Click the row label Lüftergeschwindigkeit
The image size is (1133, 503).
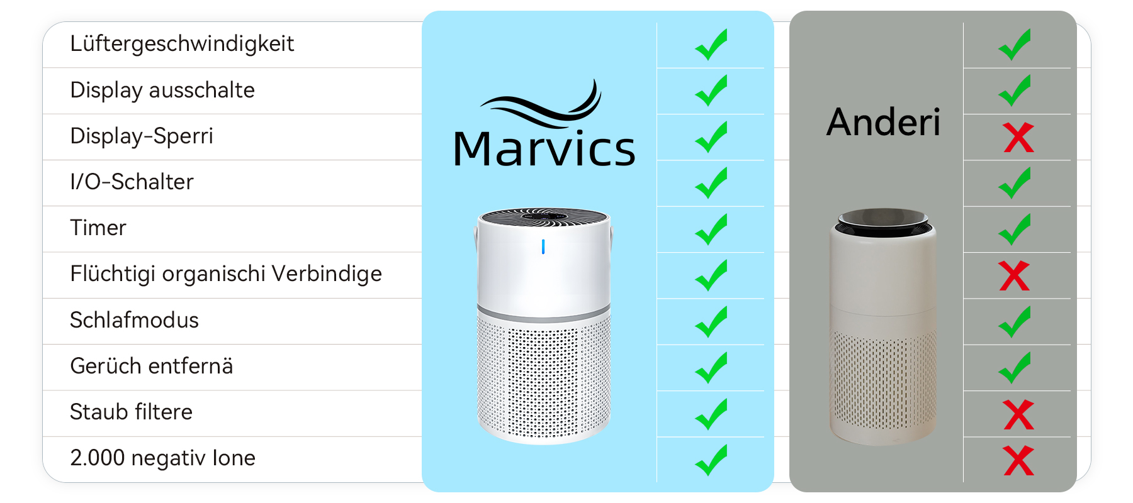[x=182, y=44]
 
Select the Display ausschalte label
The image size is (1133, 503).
[x=162, y=90]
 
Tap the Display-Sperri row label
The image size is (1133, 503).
[x=142, y=136]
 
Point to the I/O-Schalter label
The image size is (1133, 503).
[x=132, y=182]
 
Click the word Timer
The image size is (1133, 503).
[x=98, y=228]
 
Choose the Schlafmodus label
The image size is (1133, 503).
[x=134, y=320]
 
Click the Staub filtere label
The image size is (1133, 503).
[x=131, y=412]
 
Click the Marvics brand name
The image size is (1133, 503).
[x=544, y=149]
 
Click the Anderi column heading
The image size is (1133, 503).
[x=883, y=122]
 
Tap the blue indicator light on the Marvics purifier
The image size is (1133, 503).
[x=543, y=247]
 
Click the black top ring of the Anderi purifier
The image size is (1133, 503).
[x=882, y=221]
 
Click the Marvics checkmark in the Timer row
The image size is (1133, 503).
[x=711, y=229]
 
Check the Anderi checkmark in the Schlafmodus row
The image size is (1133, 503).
[x=1015, y=321]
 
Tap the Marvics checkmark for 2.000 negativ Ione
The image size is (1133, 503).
[x=711, y=460]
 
